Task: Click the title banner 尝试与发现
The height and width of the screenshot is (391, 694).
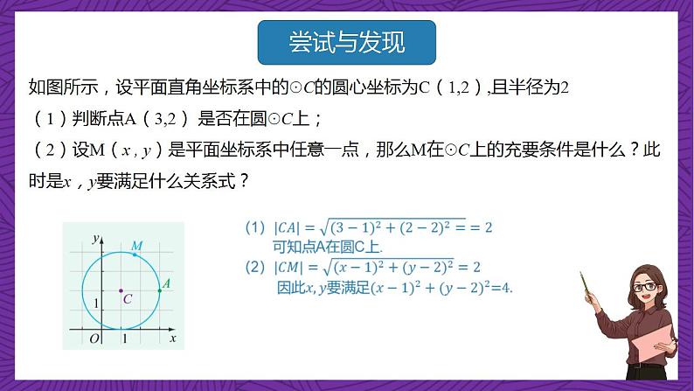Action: (x=346, y=41)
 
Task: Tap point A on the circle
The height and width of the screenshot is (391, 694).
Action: (x=159, y=290)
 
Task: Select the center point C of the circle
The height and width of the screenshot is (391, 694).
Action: (x=121, y=290)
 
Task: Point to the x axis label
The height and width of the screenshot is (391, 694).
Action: (x=172, y=337)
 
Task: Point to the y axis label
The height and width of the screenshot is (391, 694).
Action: (x=94, y=238)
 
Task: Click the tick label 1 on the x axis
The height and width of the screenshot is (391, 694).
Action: (x=123, y=338)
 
